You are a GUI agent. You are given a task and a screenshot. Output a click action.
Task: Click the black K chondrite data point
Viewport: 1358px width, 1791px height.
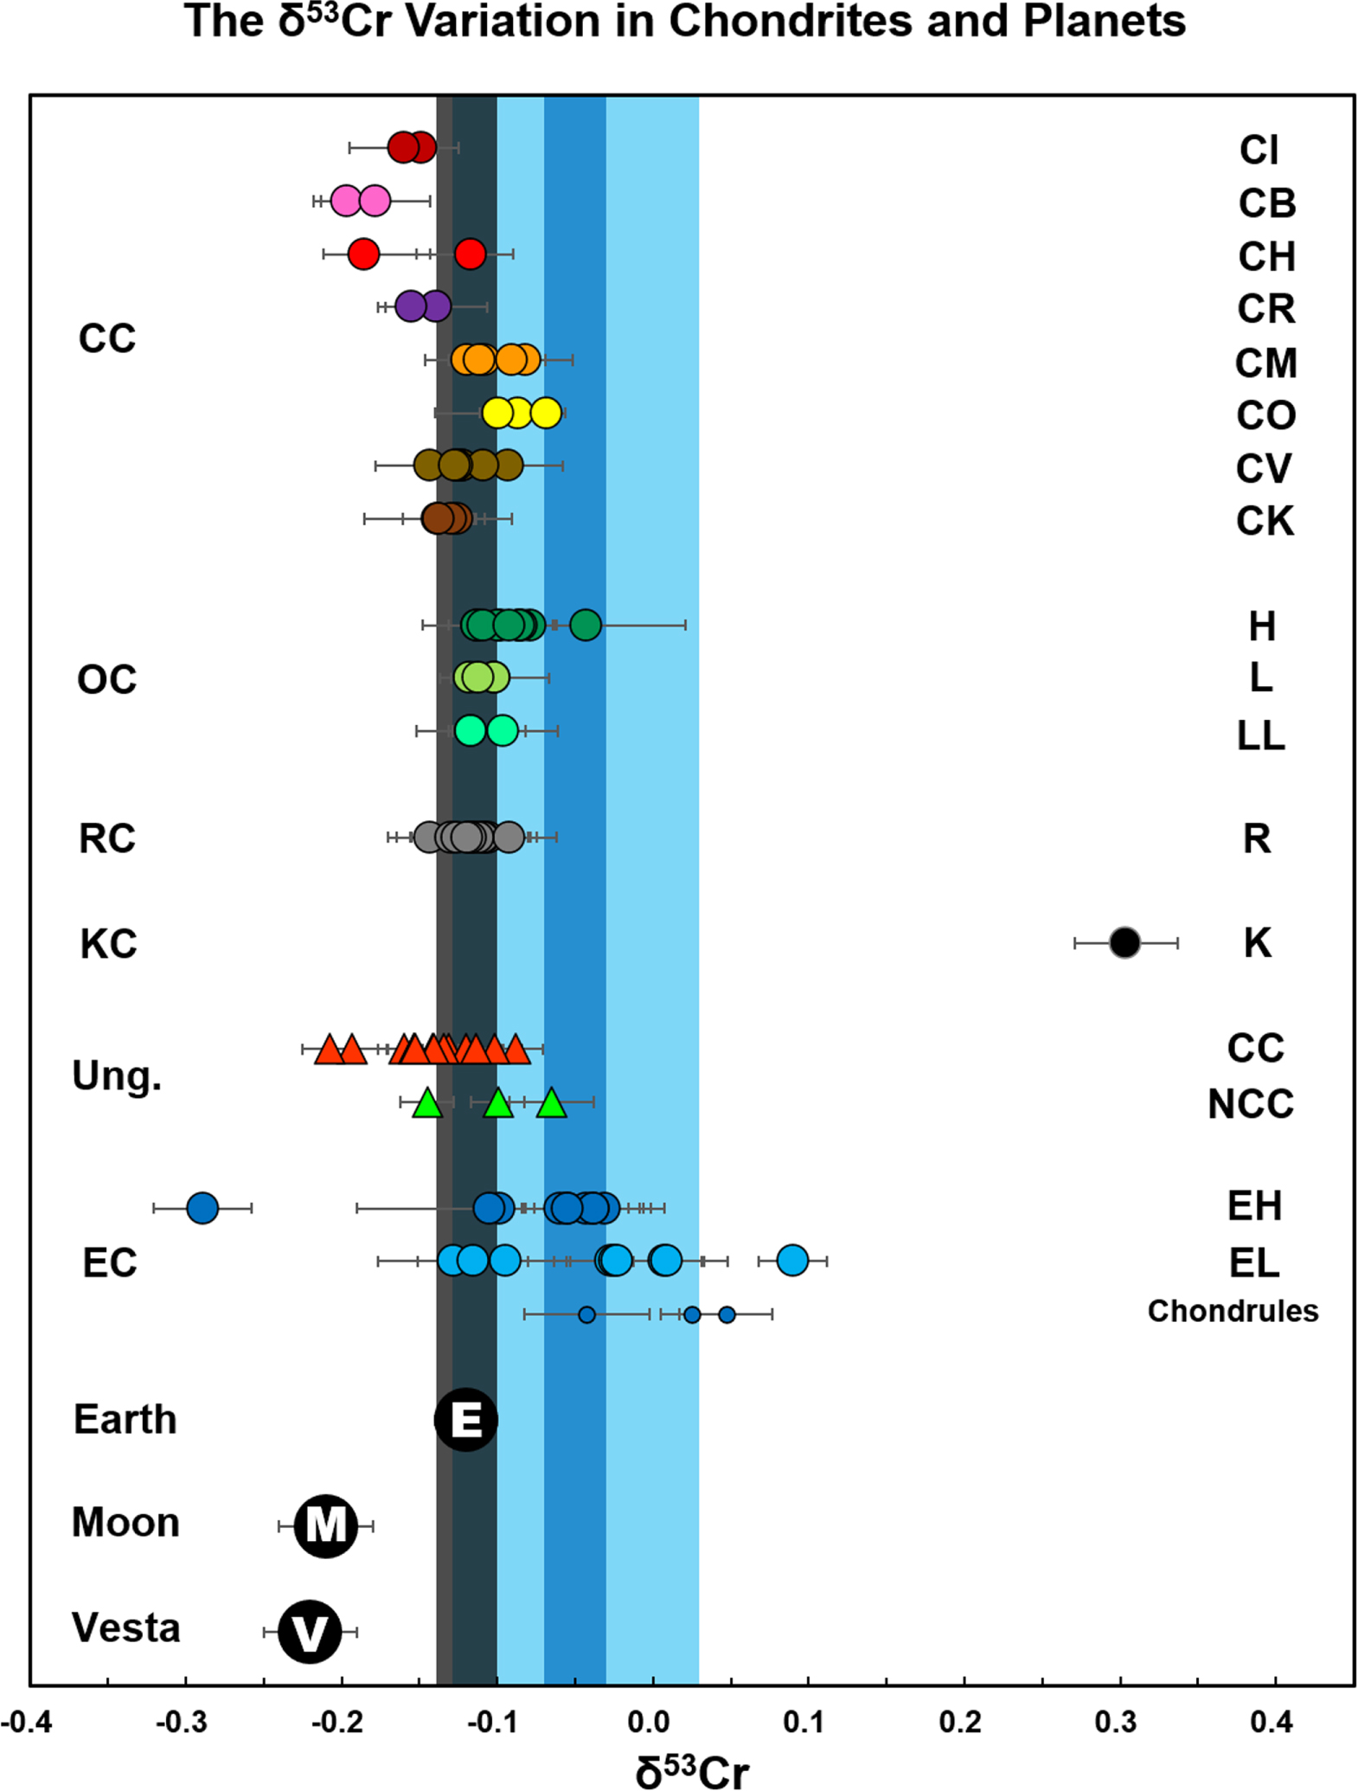point(1124,942)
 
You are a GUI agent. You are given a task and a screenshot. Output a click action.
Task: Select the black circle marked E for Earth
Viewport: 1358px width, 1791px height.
point(465,1420)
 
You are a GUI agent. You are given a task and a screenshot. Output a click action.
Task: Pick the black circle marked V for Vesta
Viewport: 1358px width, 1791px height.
point(310,1632)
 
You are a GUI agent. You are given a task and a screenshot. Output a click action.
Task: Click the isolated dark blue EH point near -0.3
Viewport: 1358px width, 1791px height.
point(202,1207)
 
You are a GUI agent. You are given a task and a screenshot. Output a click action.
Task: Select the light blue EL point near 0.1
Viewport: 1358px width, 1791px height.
point(792,1261)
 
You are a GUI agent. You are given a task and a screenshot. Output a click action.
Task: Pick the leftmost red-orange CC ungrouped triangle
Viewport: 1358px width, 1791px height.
point(329,1050)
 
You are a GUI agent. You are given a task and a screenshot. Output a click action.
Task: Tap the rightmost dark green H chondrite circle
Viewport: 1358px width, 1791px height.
point(586,624)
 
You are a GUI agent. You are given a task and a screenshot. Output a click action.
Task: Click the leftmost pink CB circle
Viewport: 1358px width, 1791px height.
point(345,201)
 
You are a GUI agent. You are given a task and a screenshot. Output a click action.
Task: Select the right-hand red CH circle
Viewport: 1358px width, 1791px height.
point(471,254)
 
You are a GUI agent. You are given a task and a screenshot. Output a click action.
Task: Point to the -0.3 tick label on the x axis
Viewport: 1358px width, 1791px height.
point(182,1723)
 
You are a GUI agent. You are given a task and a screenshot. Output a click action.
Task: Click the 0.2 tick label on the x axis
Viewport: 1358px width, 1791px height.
point(960,1723)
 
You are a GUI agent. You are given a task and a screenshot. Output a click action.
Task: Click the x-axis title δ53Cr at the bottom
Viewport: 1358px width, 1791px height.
point(692,1769)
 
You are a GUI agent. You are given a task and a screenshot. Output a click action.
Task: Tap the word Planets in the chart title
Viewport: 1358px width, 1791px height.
point(1104,21)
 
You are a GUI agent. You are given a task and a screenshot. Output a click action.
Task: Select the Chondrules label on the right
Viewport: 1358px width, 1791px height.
point(1233,1312)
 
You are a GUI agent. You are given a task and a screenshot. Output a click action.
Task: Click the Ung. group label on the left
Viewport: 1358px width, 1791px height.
point(117,1077)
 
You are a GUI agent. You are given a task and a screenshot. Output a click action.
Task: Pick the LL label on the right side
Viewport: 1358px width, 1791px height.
point(1260,735)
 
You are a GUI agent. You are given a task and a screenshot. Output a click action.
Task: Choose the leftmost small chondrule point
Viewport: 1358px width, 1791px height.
point(586,1315)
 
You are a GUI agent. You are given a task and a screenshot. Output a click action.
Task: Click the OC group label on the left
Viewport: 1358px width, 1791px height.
point(107,680)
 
